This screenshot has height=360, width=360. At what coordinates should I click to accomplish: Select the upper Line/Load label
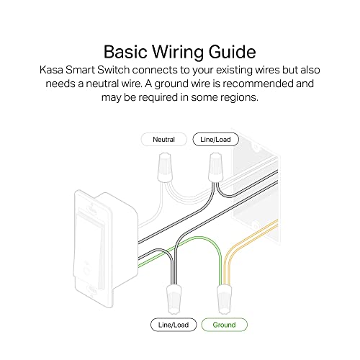(x=214, y=139)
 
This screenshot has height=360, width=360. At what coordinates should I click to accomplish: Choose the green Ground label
(x=223, y=325)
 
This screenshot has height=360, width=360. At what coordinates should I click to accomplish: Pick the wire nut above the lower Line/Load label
(x=174, y=294)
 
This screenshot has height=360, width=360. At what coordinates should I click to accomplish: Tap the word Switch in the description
(x=117, y=73)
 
